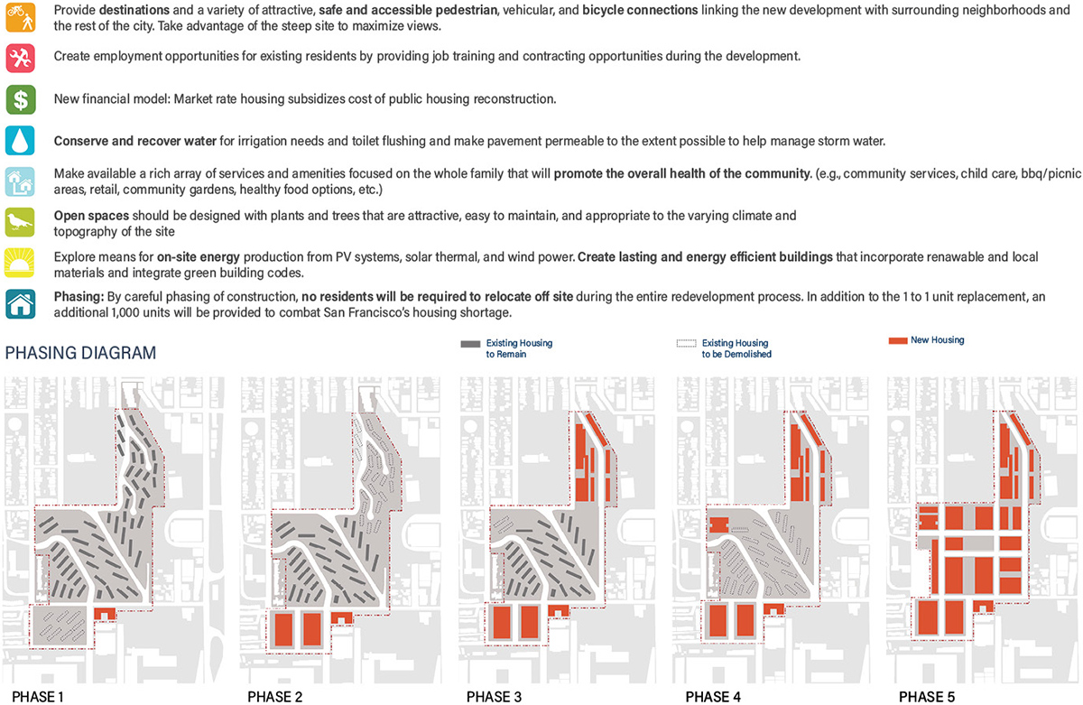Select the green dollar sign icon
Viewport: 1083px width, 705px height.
coord(20,99)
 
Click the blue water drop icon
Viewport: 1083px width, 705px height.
coord(20,141)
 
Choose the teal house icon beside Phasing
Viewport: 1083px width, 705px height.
coord(20,303)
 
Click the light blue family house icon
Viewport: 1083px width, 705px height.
coord(20,181)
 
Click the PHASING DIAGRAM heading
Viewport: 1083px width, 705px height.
coord(80,353)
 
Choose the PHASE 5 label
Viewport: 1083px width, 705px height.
coord(928,696)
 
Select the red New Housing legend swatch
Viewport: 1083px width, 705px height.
coord(897,341)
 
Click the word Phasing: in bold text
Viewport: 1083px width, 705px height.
coord(79,296)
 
